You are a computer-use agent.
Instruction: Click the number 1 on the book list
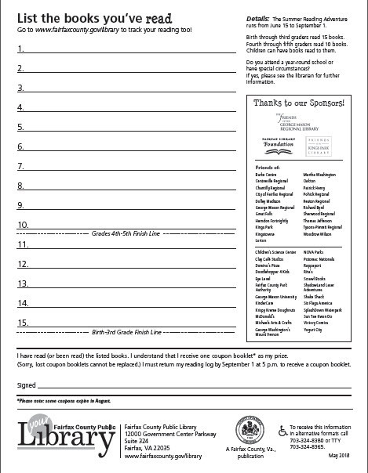pos(20,49)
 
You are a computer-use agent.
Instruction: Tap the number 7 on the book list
pos(20,166)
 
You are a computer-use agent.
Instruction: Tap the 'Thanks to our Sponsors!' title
pos(300,103)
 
